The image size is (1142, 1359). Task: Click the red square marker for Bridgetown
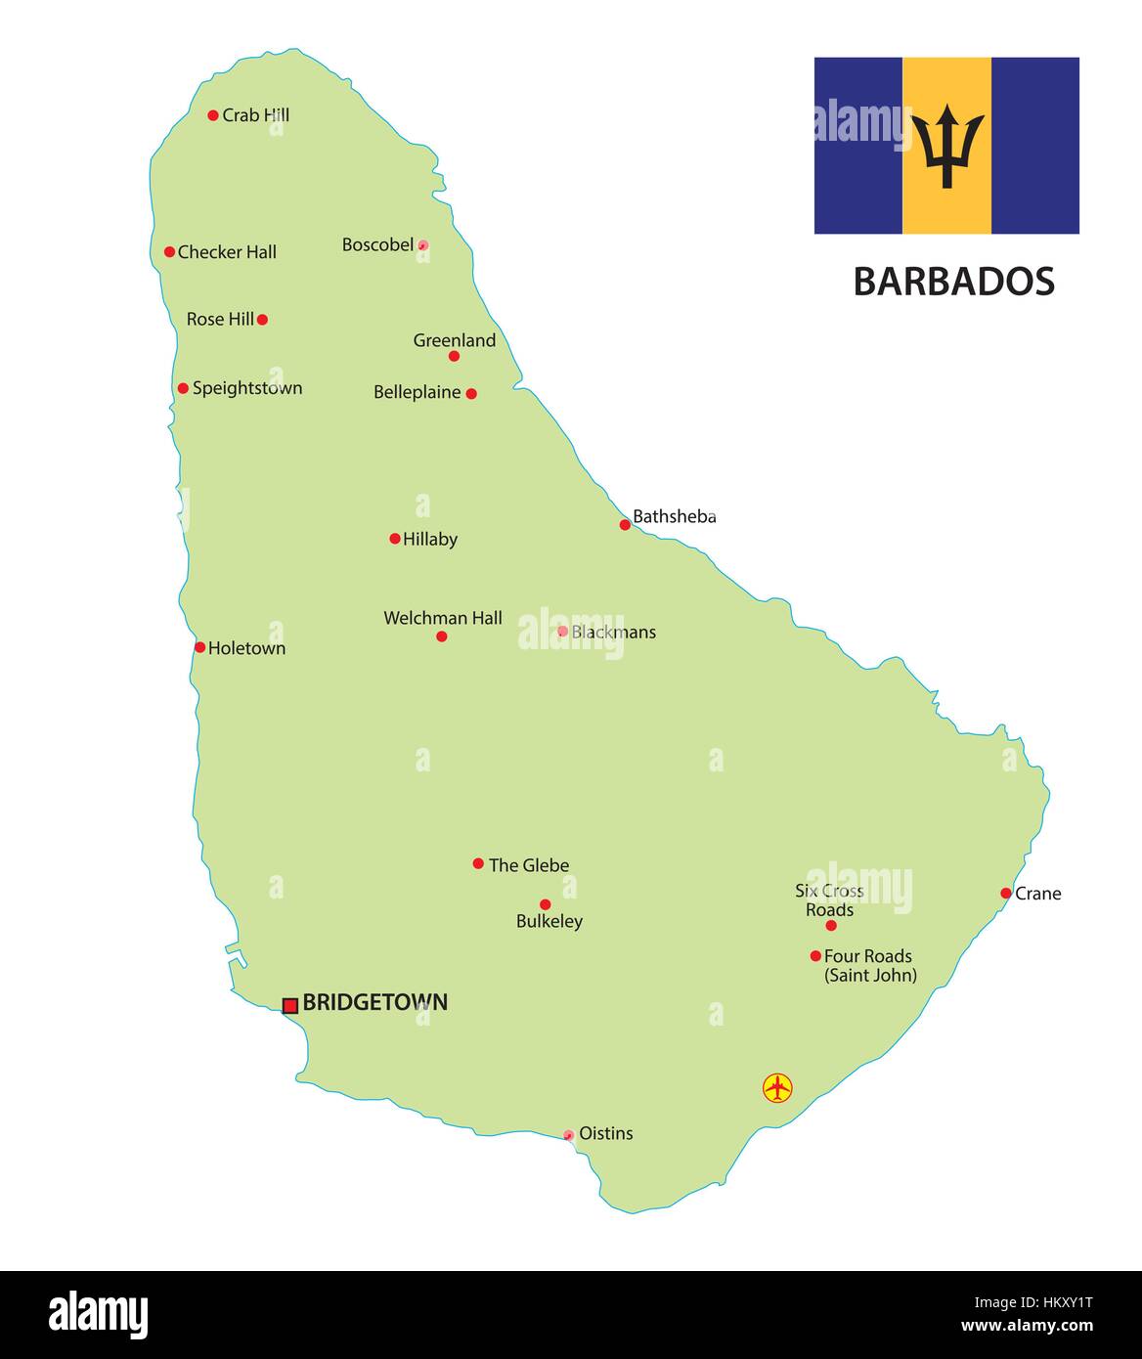290,1005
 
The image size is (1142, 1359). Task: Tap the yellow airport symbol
777,1087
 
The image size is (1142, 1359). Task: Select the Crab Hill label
256,115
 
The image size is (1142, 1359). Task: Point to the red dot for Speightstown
183,388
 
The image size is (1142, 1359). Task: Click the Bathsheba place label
675,516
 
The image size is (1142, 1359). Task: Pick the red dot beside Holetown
199,647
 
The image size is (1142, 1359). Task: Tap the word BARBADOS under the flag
953,282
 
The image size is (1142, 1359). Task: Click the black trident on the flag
946,146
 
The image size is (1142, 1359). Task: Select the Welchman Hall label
443,618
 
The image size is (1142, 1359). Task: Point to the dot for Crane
1005,893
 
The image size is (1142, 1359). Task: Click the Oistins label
606,1133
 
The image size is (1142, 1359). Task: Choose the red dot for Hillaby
395,539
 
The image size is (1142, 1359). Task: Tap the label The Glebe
529,865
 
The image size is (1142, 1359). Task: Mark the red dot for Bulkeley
545,904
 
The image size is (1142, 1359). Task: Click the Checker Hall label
227,252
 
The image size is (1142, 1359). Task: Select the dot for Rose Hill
262,319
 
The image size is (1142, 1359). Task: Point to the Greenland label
455,340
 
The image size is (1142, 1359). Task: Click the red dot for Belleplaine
471,393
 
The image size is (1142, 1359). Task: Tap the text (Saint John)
871,975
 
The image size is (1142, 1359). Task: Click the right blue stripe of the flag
1035,146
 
